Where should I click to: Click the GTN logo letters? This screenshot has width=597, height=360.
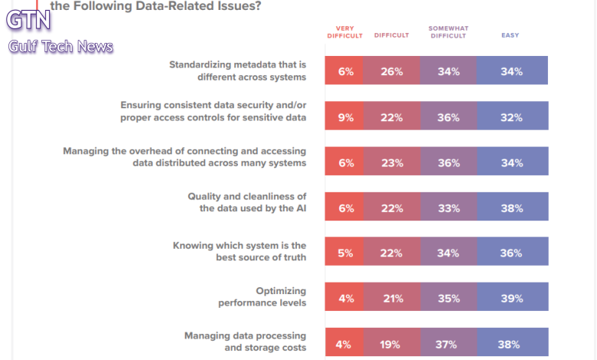pyautogui.click(x=28, y=21)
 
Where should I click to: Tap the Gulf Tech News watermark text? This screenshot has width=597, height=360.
pyautogui.click(x=60, y=47)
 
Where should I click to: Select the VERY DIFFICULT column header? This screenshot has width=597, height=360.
pyautogui.click(x=344, y=31)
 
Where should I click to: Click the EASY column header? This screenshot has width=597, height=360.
pyautogui.click(x=511, y=35)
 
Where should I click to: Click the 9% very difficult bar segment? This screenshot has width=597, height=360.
pyautogui.click(x=345, y=117)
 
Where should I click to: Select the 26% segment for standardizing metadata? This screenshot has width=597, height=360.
pyautogui.click(x=392, y=71)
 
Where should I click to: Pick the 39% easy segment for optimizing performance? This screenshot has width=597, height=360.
pyautogui.click(x=511, y=298)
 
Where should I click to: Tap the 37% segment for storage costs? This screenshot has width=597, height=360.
pyautogui.click(x=447, y=343)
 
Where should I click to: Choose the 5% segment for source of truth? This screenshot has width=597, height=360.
pyautogui.click(x=344, y=253)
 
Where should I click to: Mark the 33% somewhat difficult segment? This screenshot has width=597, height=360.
pyautogui.click(x=448, y=208)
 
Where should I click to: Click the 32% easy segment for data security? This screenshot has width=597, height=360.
pyautogui.click(x=511, y=117)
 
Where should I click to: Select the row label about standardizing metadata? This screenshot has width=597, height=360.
pyautogui.click(x=237, y=70)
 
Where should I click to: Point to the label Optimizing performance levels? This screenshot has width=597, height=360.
pyautogui.click(x=262, y=296)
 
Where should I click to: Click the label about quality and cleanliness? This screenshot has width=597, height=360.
pyautogui.click(x=246, y=202)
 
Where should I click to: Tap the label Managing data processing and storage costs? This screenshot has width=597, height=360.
pyautogui.click(x=245, y=342)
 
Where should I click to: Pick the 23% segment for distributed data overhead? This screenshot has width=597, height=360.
pyautogui.click(x=391, y=162)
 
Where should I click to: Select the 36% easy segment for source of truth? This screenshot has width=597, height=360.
pyautogui.click(x=511, y=253)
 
